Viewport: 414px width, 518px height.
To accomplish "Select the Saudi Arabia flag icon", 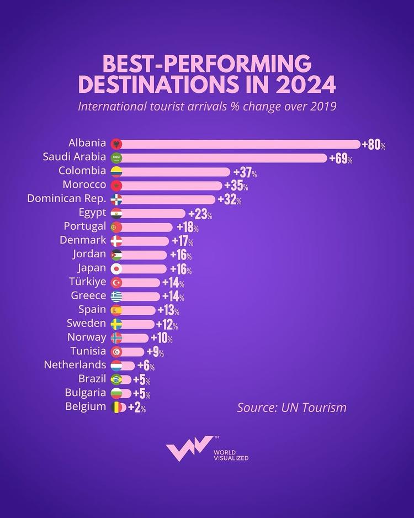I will click(x=116, y=158).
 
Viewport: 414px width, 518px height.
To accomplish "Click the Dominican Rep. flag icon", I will click(x=116, y=199).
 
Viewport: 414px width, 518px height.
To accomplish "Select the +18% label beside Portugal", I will click(x=187, y=228).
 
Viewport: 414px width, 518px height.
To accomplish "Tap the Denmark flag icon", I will click(x=116, y=241).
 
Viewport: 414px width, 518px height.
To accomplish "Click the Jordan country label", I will click(x=89, y=254).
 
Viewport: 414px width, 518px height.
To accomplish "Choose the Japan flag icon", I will click(x=116, y=269).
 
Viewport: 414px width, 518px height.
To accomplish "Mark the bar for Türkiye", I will click(x=141, y=283).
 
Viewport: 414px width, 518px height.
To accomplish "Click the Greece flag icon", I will click(x=116, y=297).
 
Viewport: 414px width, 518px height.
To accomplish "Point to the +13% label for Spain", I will click(x=168, y=310).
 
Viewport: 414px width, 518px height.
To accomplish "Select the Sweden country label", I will click(x=86, y=323).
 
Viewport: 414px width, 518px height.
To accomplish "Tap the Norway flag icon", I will click(x=116, y=338).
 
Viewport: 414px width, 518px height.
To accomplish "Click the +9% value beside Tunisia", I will click(x=155, y=352).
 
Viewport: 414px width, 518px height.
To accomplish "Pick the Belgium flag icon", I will click(x=116, y=408).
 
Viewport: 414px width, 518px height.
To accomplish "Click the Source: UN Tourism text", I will click(x=291, y=408).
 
